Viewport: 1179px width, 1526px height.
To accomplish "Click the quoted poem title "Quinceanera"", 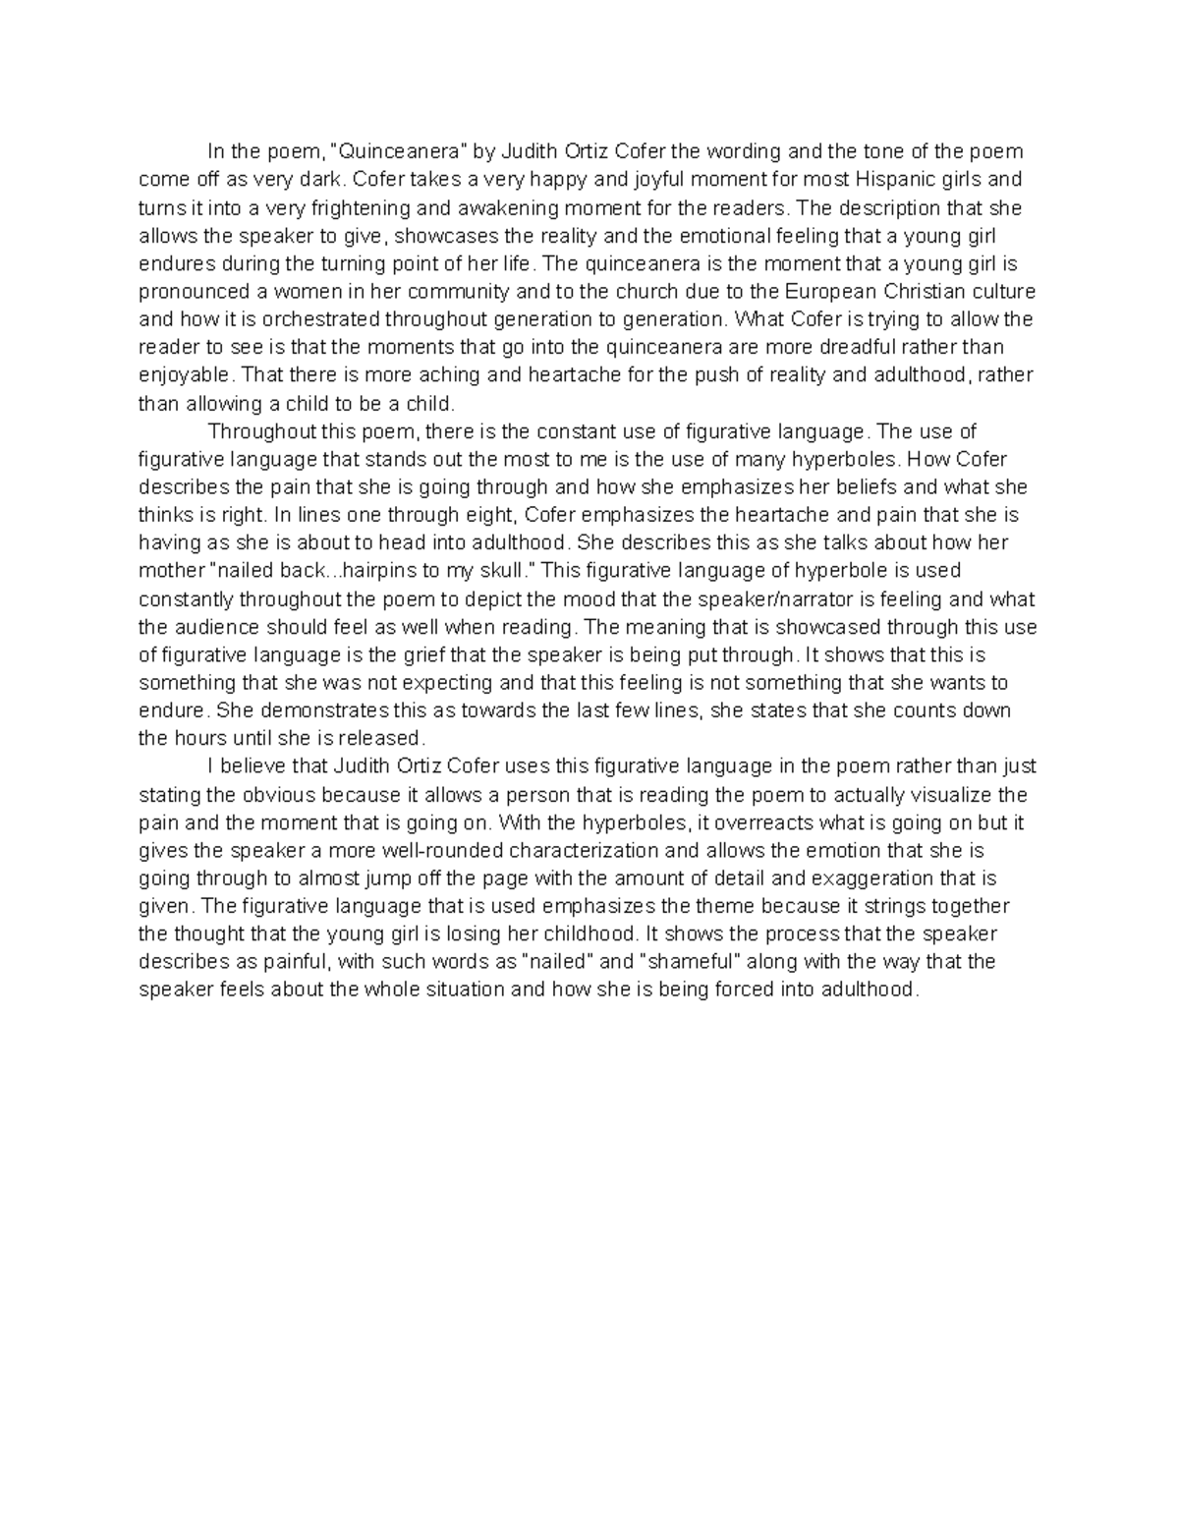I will (x=400, y=151).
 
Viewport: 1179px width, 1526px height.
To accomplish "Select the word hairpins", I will (x=390, y=571).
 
